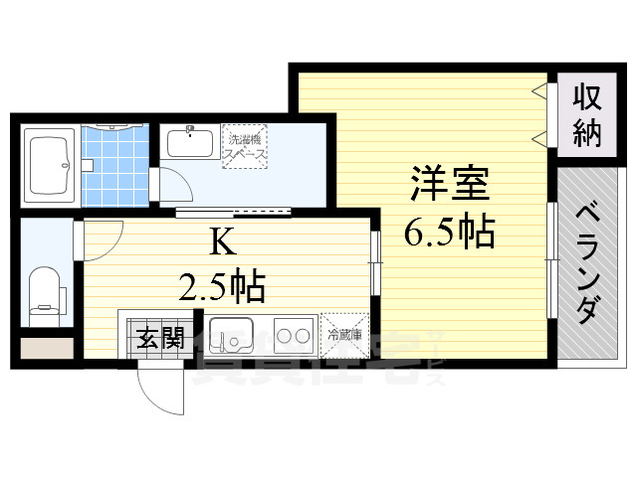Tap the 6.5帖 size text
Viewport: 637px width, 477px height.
pyautogui.click(x=449, y=233)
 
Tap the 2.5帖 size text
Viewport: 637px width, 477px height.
pyautogui.click(x=221, y=287)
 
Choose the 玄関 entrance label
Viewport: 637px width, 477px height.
pyautogui.click(x=159, y=338)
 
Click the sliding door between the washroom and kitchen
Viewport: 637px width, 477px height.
pyautogui.click(x=234, y=211)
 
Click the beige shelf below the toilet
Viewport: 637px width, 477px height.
pyautogui.click(x=46, y=349)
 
